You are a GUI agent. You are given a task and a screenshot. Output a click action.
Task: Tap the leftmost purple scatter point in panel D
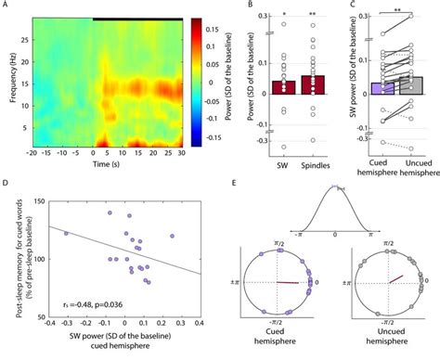[x=66, y=234]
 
